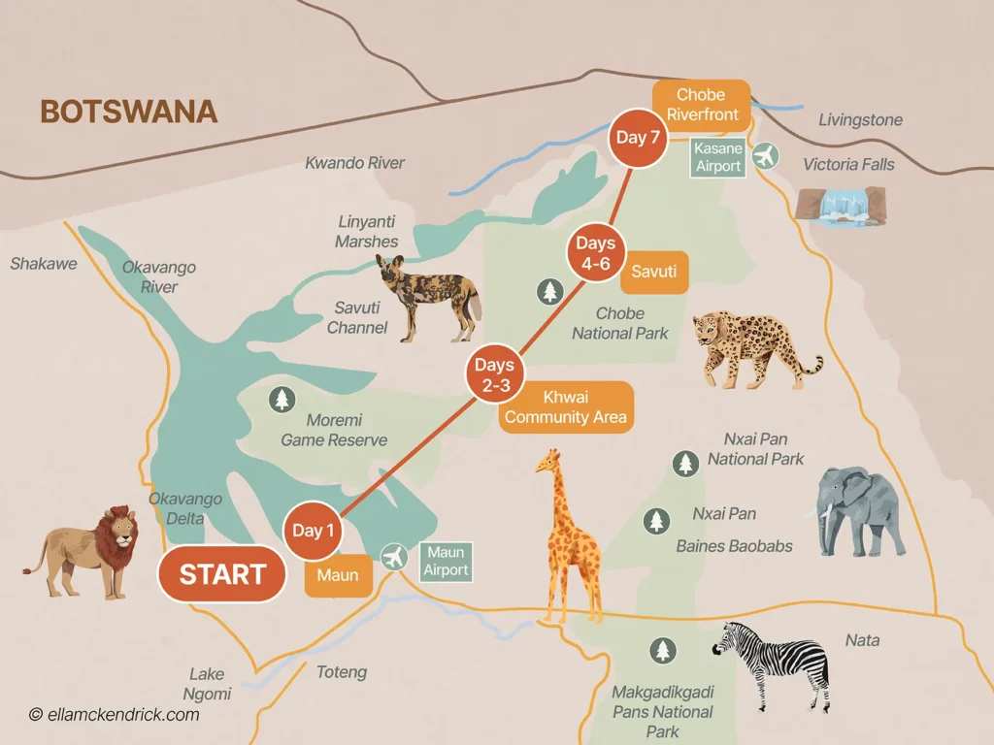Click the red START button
222,574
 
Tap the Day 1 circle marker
314,531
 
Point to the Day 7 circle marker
638,138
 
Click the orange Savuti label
654,273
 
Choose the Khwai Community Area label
566,407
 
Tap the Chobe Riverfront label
701,105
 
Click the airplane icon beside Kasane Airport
766,155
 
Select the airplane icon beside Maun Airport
394,558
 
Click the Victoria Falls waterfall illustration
840,205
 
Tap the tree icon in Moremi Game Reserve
282,399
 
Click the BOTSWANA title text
128,112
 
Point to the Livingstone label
860,120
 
